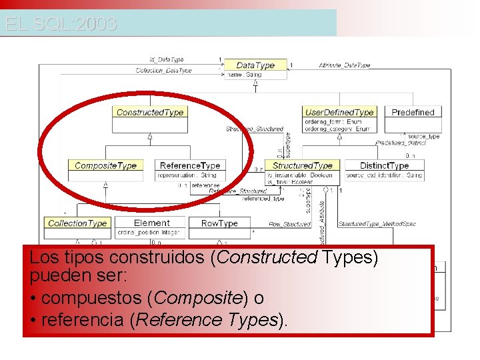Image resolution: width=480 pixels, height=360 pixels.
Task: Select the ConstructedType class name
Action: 149,112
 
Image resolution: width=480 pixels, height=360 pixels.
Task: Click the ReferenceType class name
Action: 189,165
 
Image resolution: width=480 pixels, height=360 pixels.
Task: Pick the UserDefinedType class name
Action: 339,112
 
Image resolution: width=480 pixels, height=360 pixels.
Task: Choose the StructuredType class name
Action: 302,165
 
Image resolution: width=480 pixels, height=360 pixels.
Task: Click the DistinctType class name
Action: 384,165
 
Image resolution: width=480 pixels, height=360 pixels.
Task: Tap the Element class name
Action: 151,223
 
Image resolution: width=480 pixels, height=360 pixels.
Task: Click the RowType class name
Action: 219,223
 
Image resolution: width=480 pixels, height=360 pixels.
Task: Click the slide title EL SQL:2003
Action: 61,25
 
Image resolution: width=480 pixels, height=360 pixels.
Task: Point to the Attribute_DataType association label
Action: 344,65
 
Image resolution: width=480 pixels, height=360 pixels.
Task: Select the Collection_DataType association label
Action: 163,70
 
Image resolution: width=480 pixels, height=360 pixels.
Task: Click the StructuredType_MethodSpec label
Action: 377,224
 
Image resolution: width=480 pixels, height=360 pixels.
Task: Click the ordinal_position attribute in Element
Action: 147,233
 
